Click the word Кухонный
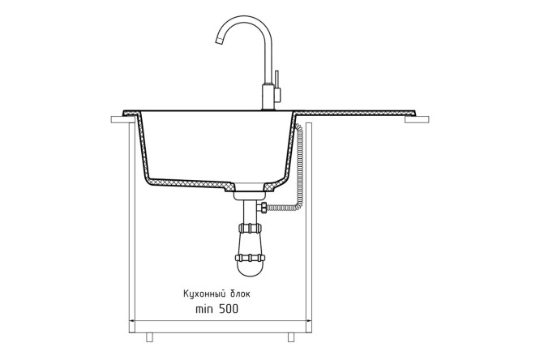tap(204, 294)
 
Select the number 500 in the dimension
tap(228, 309)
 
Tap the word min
tap(204, 309)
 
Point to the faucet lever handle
tap(276, 87)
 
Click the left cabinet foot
tap(149, 337)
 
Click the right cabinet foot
tap(291, 337)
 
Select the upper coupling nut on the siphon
tap(251, 228)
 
